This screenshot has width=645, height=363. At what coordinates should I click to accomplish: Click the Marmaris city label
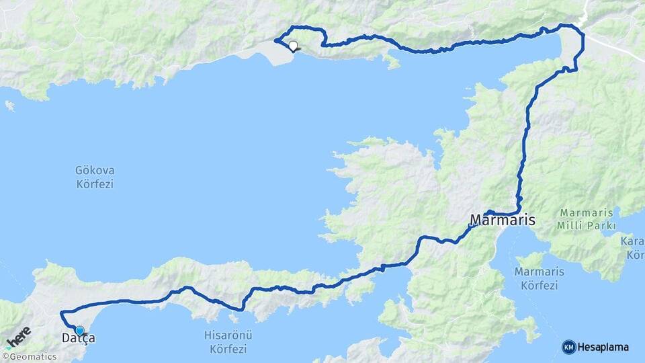coord(503,220)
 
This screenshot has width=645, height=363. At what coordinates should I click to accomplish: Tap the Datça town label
coord(78,338)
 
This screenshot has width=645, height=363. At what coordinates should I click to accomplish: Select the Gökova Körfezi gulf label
coord(95,177)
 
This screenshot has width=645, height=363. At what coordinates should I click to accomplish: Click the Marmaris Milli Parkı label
coord(587,219)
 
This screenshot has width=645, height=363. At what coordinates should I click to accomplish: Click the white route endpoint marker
coord(293,46)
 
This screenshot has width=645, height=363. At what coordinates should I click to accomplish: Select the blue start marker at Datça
coord(80,330)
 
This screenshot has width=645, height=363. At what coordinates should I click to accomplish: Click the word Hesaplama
coord(603,347)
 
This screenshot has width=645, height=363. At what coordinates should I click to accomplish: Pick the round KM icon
coord(568,347)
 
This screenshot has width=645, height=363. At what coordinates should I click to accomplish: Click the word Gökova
coord(95,171)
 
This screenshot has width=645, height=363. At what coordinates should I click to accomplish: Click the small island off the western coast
coord(9,106)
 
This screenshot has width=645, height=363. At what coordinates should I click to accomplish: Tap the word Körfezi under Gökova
coord(95,184)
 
